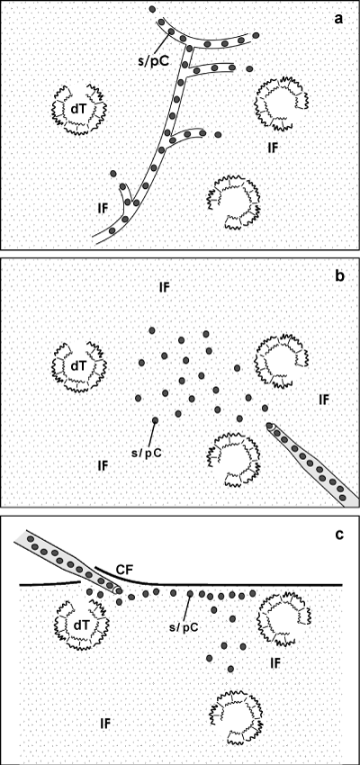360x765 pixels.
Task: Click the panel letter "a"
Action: click(x=338, y=20)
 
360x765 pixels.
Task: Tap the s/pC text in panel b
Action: click(x=146, y=452)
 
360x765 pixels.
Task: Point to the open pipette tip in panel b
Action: click(x=269, y=427)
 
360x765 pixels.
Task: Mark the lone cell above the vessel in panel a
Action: click(x=152, y=9)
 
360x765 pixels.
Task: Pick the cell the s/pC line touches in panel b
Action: click(x=155, y=419)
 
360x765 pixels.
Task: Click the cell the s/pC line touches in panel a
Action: click(x=171, y=31)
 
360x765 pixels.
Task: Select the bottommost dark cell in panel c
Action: click(x=230, y=668)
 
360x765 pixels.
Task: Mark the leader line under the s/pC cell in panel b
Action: click(x=152, y=434)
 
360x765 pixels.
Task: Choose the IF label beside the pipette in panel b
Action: click(x=324, y=400)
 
